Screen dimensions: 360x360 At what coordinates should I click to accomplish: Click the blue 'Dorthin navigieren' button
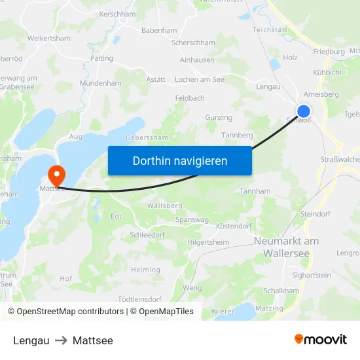click(180, 160)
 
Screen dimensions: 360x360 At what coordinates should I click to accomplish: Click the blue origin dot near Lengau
click(304, 111)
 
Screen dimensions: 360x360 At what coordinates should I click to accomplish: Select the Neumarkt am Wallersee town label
click(286, 247)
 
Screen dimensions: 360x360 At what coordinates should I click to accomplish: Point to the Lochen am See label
click(200, 79)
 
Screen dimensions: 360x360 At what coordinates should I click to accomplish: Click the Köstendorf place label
click(234, 226)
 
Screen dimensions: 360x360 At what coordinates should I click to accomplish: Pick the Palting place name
click(101, 58)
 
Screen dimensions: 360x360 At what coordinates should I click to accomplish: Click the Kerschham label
click(117, 14)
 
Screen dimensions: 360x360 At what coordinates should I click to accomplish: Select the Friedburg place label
click(329, 51)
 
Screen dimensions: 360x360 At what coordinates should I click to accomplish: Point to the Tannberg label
click(237, 135)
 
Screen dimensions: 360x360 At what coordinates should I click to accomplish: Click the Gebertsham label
click(147, 137)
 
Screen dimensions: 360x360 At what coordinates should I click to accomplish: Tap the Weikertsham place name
click(49, 39)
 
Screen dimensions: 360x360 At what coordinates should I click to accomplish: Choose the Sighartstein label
click(312, 276)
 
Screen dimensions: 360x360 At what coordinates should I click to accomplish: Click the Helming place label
click(145, 270)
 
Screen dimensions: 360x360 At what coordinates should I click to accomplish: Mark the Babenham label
click(159, 30)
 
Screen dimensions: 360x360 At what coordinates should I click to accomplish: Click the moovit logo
click(321, 340)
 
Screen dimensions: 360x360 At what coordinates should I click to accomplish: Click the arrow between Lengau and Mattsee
click(61, 340)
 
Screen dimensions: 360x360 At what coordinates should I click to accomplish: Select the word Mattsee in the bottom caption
click(93, 340)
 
